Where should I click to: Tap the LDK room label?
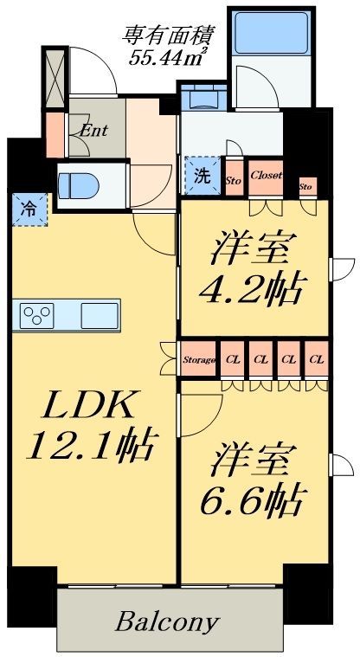click(87, 406)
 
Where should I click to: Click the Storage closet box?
click(198, 358)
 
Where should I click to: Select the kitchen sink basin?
click(99, 314)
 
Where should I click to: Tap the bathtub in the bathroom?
click(255, 33)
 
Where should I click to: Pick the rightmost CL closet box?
click(317, 358)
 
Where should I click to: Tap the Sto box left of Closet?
click(233, 179)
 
